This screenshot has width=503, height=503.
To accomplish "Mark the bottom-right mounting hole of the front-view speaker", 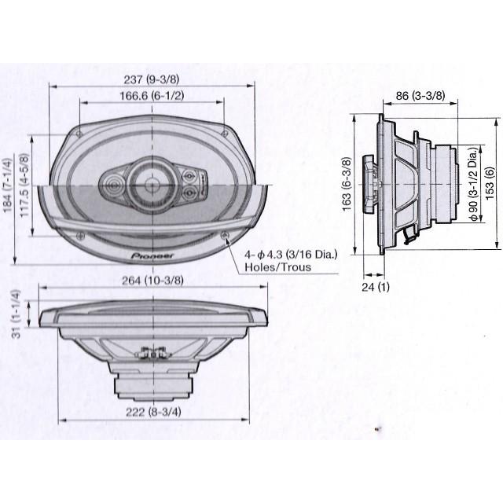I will tap(226, 234).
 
